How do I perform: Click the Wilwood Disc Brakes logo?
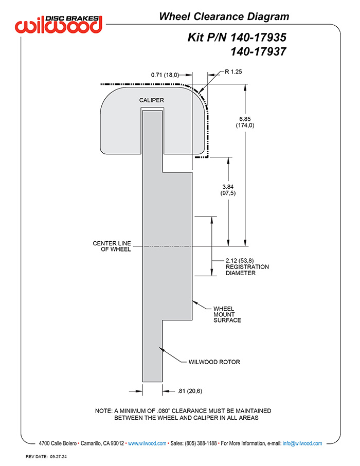pos(59,24)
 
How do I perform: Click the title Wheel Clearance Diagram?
pos(224,16)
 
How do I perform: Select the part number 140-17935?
pos(258,38)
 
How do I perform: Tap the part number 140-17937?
pos(258,52)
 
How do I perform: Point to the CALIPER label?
pos(152,100)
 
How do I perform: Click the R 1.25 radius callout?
pos(233,71)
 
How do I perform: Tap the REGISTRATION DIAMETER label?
pos(247,270)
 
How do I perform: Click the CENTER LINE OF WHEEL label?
pos(112,246)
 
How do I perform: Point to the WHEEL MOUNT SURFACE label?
pos(227,314)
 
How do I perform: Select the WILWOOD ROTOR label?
pos(214,362)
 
